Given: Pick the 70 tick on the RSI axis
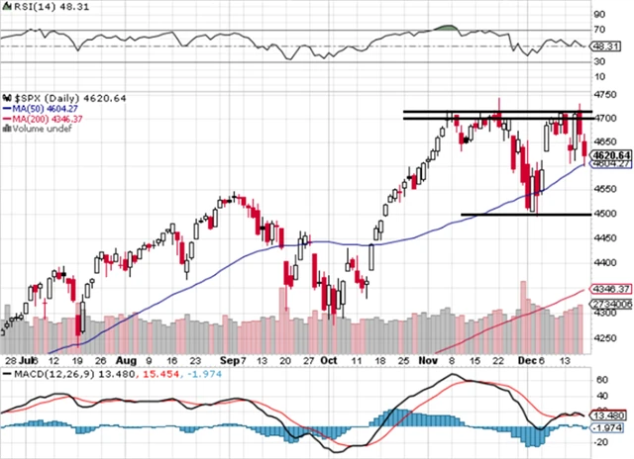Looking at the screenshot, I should coord(599,30).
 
